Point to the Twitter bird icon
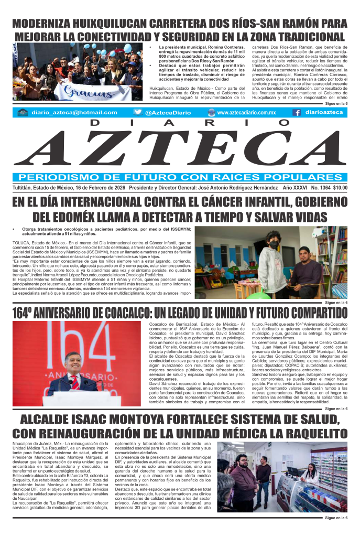pos(138,112)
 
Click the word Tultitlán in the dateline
pos(25,187)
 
